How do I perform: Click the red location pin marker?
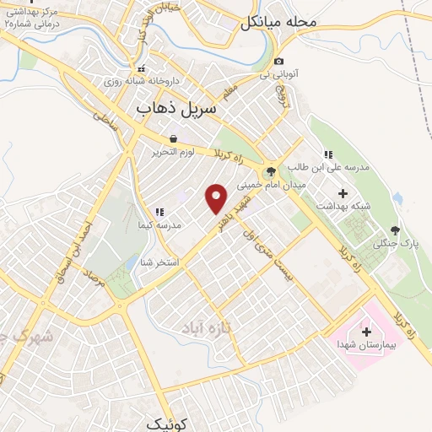coord(217,198)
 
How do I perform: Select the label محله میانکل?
coord(278,23)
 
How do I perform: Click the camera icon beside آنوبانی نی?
coord(279,60)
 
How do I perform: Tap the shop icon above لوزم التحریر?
coord(173,138)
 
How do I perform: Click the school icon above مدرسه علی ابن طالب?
coord(327,155)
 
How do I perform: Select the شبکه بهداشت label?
coord(343,206)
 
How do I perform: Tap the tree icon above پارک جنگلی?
coord(395,230)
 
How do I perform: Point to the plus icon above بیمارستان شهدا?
coord(366,332)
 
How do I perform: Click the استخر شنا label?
coord(159,262)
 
